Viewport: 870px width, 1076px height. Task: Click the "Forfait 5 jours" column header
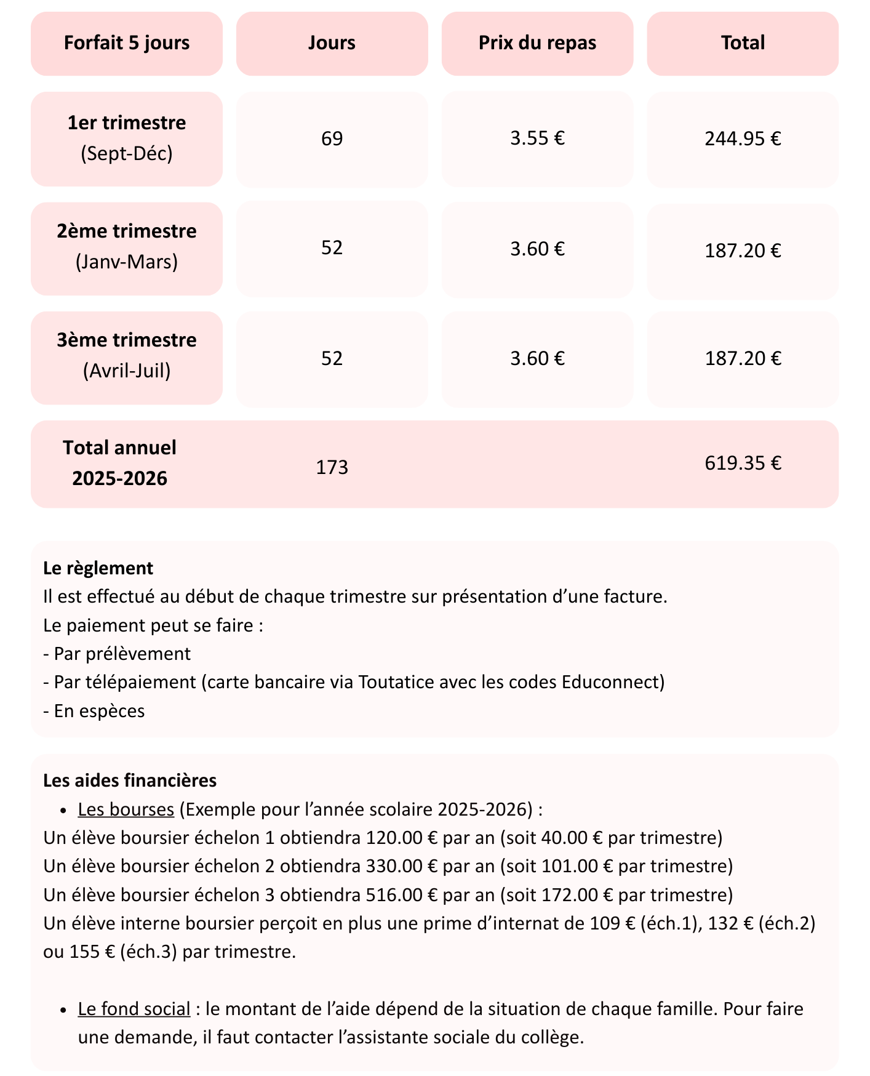[x=127, y=43]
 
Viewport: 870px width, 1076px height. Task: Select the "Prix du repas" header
[x=537, y=43]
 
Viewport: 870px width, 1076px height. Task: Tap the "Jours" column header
[x=332, y=43]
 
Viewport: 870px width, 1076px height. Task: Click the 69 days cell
[x=332, y=139]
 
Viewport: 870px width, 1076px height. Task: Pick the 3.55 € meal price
[x=537, y=139]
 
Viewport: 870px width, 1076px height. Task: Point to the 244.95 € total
[x=743, y=139]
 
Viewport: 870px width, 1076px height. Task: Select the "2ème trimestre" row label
[x=127, y=231]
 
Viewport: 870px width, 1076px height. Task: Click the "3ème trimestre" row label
[x=127, y=340]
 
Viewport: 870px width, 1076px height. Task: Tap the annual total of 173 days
[x=332, y=468]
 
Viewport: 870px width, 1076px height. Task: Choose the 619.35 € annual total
[x=743, y=463]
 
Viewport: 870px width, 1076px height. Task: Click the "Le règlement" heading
[x=98, y=568]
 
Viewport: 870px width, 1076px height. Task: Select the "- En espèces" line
[x=94, y=711]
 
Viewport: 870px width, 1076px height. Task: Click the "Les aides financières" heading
[x=130, y=781]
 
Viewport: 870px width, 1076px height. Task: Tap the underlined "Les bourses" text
[x=126, y=809]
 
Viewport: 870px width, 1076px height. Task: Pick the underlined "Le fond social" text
[x=134, y=1009]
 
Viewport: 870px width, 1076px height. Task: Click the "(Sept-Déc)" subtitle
[x=127, y=153]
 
